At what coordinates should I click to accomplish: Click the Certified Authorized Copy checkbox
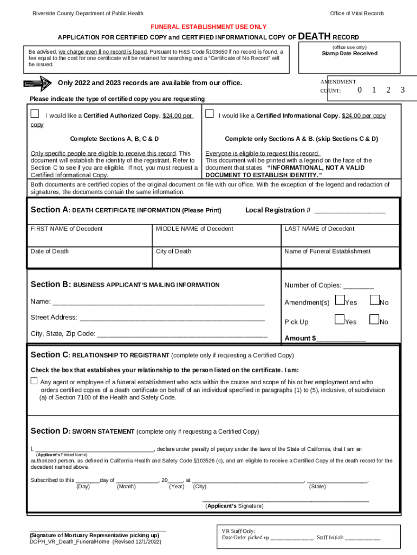point(35,114)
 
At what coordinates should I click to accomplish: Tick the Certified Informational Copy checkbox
point(208,114)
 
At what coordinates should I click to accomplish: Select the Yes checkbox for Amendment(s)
point(340,300)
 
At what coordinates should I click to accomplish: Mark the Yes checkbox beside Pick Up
point(340,320)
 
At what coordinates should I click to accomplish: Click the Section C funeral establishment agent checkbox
point(34,381)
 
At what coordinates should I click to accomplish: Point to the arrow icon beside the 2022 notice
point(37,83)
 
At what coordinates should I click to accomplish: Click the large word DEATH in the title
point(314,36)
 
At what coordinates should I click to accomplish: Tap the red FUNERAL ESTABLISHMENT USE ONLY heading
point(208,27)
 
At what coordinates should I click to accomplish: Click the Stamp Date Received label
point(349,54)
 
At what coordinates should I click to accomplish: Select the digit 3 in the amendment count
point(402,90)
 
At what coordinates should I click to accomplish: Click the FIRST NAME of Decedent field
point(90,236)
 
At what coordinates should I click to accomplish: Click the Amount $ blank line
point(341,339)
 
